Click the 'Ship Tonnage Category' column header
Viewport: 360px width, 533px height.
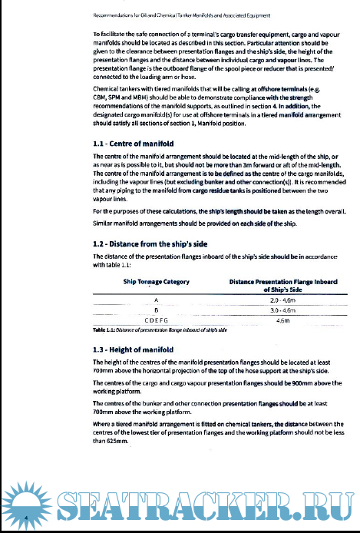157,283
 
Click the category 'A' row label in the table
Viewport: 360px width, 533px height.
157,300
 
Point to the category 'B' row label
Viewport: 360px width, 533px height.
157,310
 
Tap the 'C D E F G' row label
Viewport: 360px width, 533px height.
157,321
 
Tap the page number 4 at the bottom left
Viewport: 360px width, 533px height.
26,519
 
